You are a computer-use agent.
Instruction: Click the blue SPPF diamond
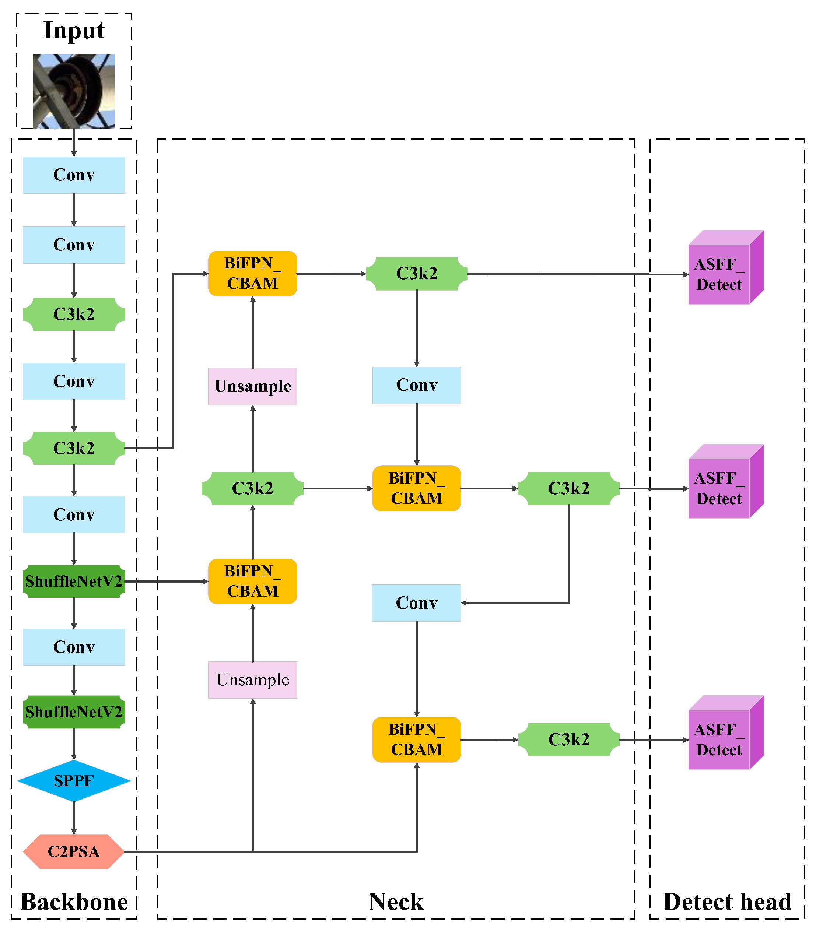[74, 781]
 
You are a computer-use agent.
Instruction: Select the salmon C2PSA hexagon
[74, 851]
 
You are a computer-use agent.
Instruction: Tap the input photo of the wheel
[74, 91]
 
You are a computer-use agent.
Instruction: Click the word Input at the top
[74, 31]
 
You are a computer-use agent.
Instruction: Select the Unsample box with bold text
[253, 386]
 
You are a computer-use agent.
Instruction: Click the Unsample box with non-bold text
[253, 680]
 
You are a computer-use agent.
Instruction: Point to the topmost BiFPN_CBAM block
[253, 273]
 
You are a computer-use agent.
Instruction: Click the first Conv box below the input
[74, 175]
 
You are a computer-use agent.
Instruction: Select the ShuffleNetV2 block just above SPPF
[74, 712]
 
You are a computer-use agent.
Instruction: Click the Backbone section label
[74, 902]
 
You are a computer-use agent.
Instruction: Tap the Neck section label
[396, 902]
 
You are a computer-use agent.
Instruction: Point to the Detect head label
[727, 902]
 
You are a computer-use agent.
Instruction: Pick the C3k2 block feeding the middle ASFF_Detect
[568, 488]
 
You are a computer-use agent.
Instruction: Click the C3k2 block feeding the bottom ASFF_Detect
[568, 739]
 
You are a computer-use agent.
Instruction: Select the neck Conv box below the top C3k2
[417, 385]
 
